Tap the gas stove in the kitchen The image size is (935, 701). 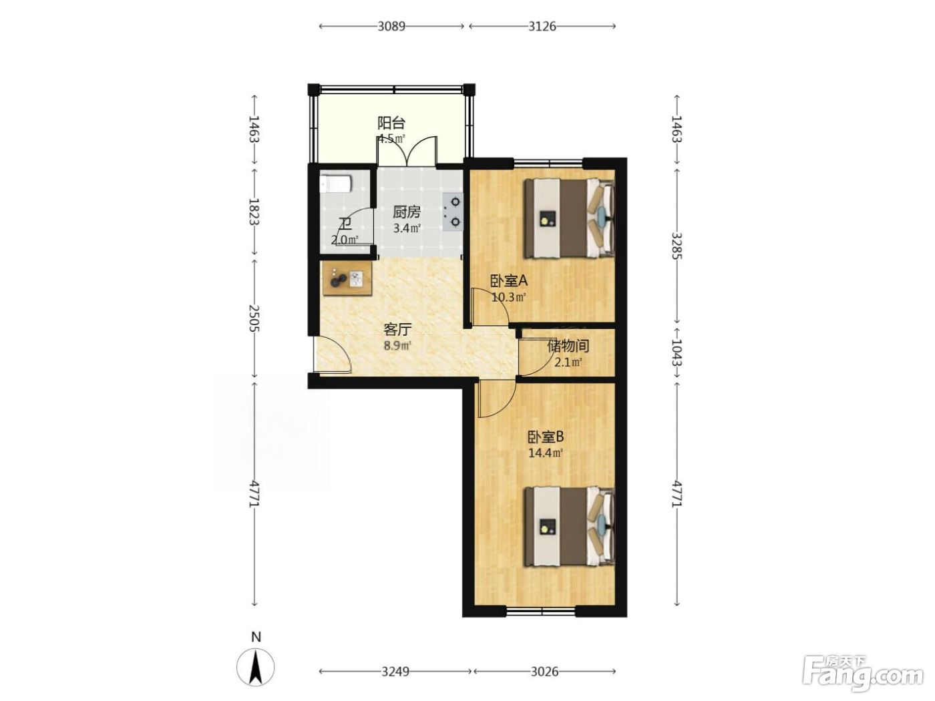tap(452, 211)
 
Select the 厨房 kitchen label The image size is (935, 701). tap(407, 212)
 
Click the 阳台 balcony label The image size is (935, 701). tap(391, 123)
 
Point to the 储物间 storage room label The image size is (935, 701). tap(568, 346)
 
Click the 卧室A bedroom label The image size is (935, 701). tap(510, 280)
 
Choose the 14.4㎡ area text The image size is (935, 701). tap(546, 453)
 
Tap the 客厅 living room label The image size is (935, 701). tap(397, 329)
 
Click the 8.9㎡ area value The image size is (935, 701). tap(397, 345)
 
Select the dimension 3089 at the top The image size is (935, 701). tap(391, 27)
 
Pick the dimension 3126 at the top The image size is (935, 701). tap(542, 27)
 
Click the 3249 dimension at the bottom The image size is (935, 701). tap(395, 672)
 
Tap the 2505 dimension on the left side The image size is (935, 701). tap(254, 318)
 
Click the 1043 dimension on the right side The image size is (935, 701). tap(677, 352)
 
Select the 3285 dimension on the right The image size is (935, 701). tap(677, 246)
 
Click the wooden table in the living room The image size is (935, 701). tap(347, 279)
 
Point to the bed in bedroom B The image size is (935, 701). tap(570, 527)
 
